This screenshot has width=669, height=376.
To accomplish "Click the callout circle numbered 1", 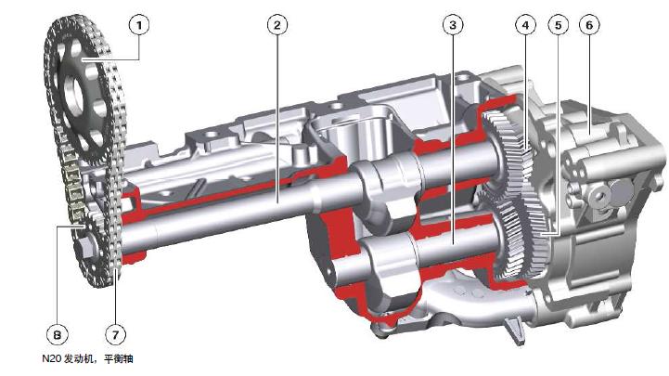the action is pyautogui.click(x=139, y=26).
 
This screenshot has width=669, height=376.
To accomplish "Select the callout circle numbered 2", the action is pyautogui.click(x=277, y=25).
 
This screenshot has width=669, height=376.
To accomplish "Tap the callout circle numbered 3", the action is pyautogui.click(x=453, y=25).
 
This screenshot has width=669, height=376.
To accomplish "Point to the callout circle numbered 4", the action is pyautogui.click(x=525, y=25).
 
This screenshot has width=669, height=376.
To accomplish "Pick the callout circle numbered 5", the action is pyautogui.click(x=558, y=26).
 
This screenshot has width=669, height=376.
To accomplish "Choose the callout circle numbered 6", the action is pyautogui.click(x=589, y=25).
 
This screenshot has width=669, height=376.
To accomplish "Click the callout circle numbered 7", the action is pyautogui.click(x=116, y=334).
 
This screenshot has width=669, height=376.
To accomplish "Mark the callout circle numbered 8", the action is pyautogui.click(x=58, y=334).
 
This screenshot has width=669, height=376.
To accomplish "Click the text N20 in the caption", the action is pyautogui.click(x=52, y=358).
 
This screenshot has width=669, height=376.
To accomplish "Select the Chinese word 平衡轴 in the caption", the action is pyautogui.click(x=118, y=358).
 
